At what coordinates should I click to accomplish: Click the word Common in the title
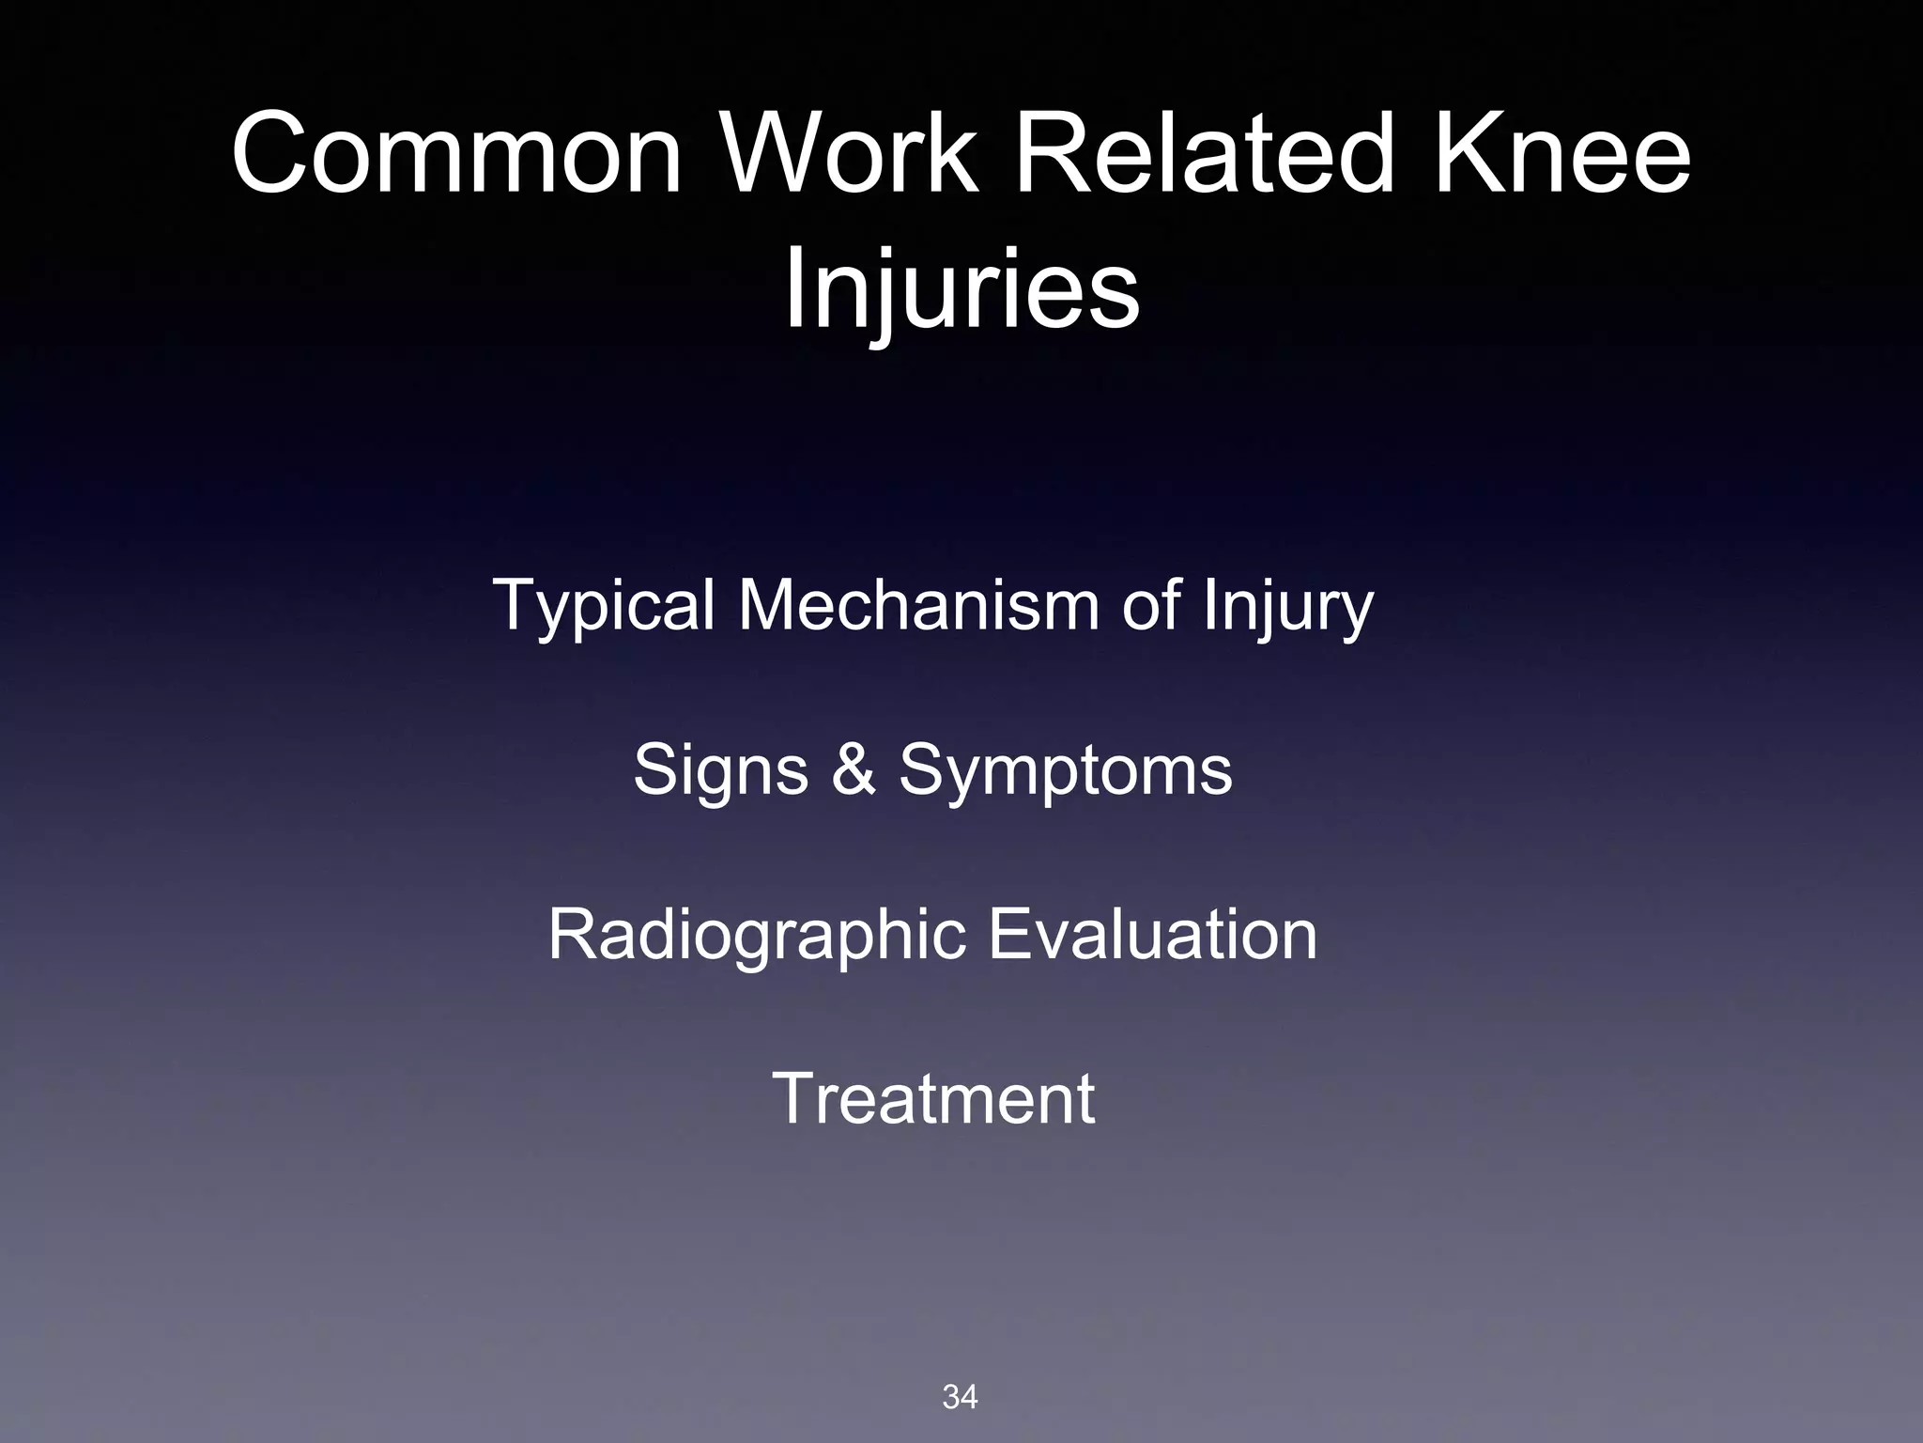pyautogui.click(x=456, y=152)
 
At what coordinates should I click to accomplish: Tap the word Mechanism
pyautogui.click(x=917, y=605)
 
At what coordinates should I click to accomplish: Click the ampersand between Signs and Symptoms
pyautogui.click(x=854, y=770)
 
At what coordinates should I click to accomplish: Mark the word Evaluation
pyautogui.click(x=1152, y=935)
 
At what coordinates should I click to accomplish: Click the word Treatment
pyautogui.click(x=932, y=1098)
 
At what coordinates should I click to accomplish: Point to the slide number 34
pyautogui.click(x=960, y=1397)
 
